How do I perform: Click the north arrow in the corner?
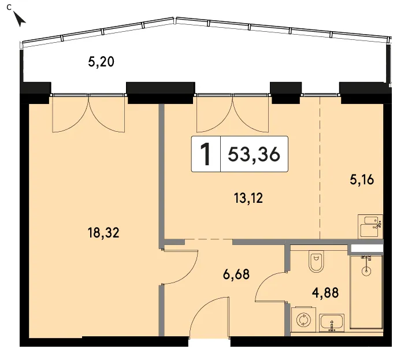pyautogui.click(x=19, y=19)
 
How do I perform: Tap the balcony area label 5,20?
pyautogui.click(x=101, y=62)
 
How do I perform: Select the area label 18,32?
pyautogui.click(x=103, y=232)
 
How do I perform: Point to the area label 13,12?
pyautogui.click(x=248, y=198)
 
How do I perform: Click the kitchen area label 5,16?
pyautogui.click(x=362, y=180)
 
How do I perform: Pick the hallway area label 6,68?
pyautogui.click(x=236, y=274)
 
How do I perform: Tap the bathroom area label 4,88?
pyautogui.click(x=325, y=292)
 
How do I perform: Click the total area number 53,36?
pyautogui.click(x=254, y=154)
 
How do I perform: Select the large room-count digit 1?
pyautogui.click(x=206, y=154)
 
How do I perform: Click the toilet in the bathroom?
pyautogui.click(x=316, y=261)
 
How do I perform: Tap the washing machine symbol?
pyautogui.click(x=303, y=320)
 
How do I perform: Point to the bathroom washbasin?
pyautogui.click(x=332, y=323)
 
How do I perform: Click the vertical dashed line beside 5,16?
pyautogui.click(x=320, y=168)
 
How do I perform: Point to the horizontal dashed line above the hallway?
pyautogui.click(x=208, y=239)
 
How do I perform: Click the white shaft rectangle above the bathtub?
pyautogui.click(x=367, y=248)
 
